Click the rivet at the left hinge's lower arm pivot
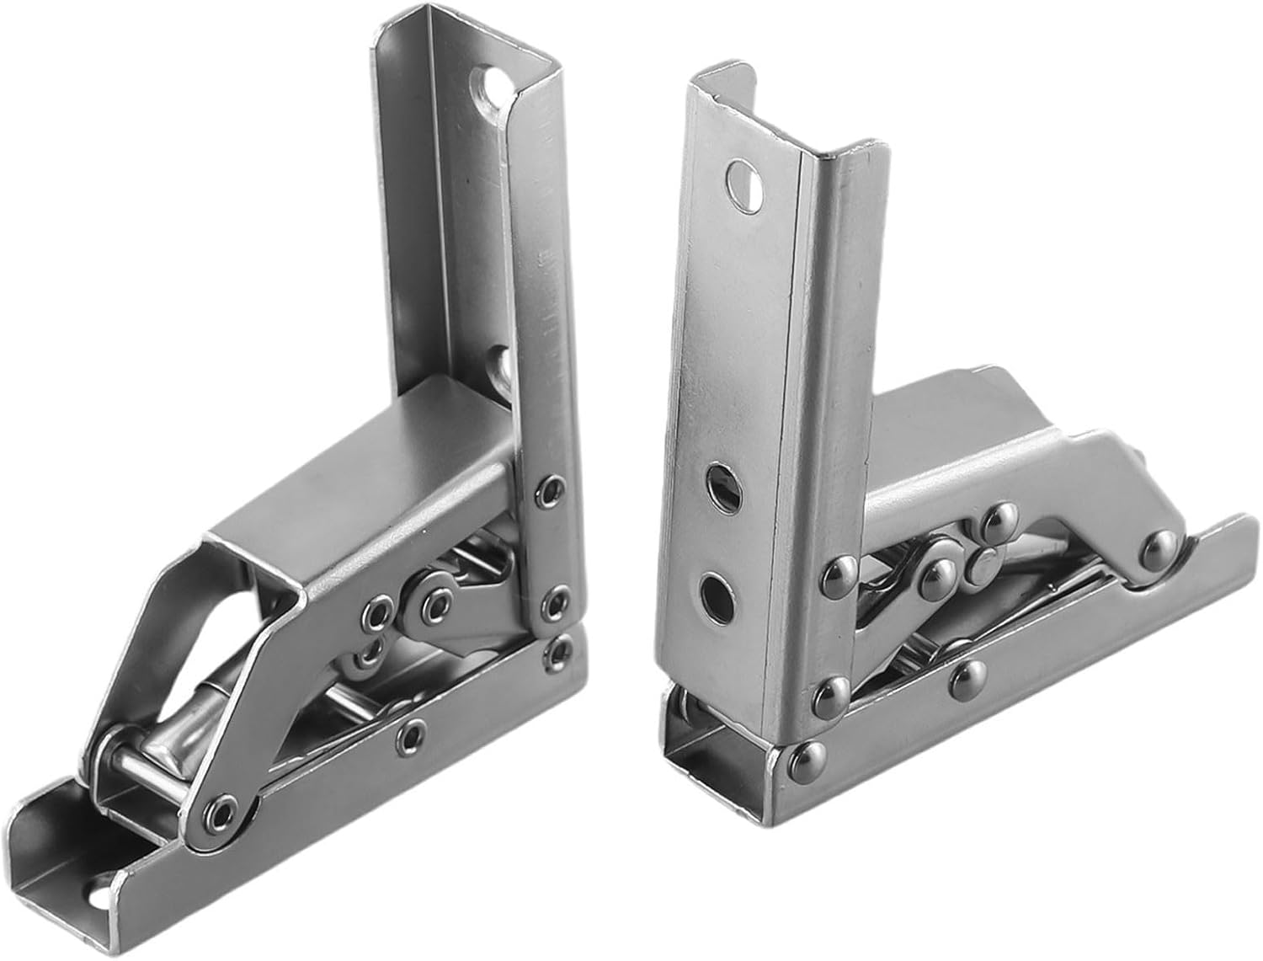coord(221,810)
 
